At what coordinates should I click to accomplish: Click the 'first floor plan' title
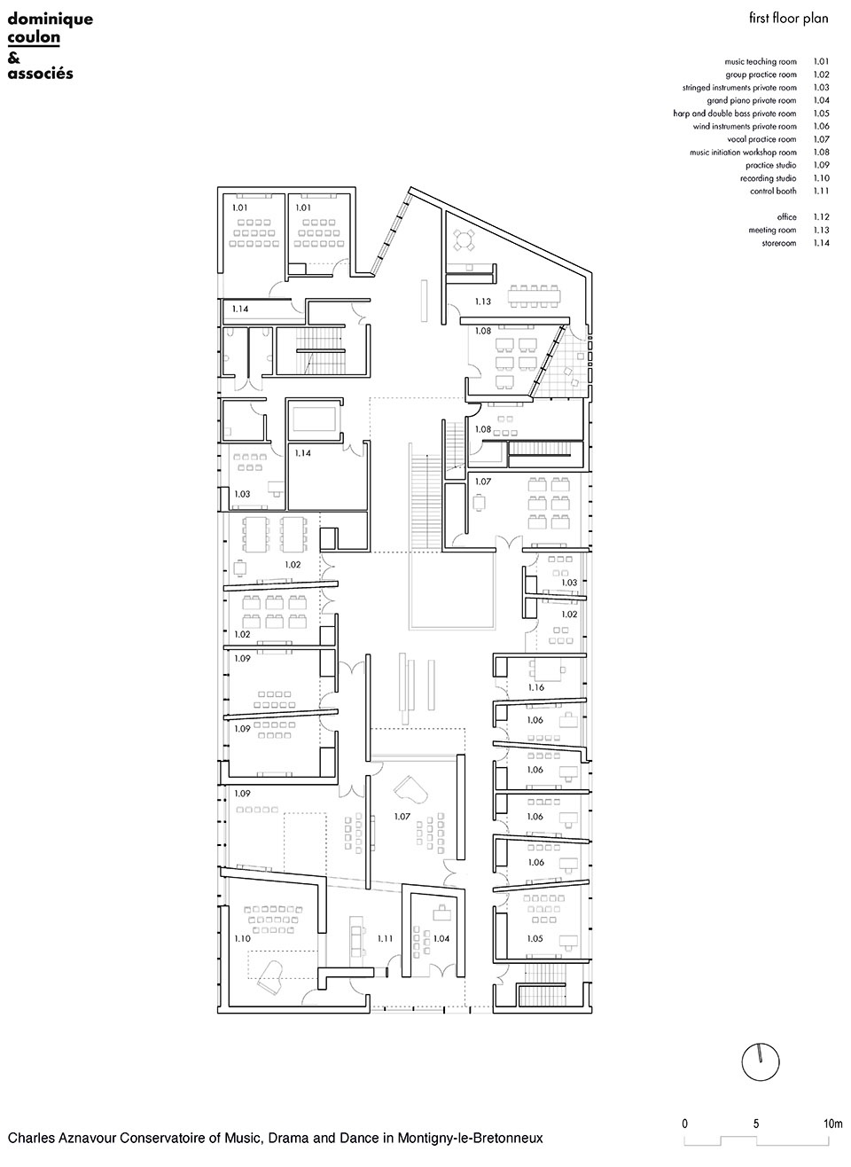click(x=788, y=19)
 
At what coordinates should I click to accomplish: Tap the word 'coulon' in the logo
click(x=34, y=37)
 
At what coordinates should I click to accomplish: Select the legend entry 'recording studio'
click(x=769, y=178)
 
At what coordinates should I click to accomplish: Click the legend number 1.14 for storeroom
click(x=822, y=243)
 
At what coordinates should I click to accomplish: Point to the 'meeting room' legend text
click(x=772, y=230)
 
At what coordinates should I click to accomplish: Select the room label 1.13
click(x=483, y=302)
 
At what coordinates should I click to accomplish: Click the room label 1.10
click(x=242, y=938)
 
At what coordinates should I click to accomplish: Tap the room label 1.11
click(x=385, y=938)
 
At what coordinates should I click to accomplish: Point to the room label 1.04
click(x=441, y=938)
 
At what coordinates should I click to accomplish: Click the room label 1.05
click(x=535, y=938)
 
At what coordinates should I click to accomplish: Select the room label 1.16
click(x=536, y=687)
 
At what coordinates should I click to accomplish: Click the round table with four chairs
click(x=463, y=240)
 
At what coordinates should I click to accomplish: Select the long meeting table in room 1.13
click(x=535, y=296)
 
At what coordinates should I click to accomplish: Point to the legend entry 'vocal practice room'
click(x=762, y=139)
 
